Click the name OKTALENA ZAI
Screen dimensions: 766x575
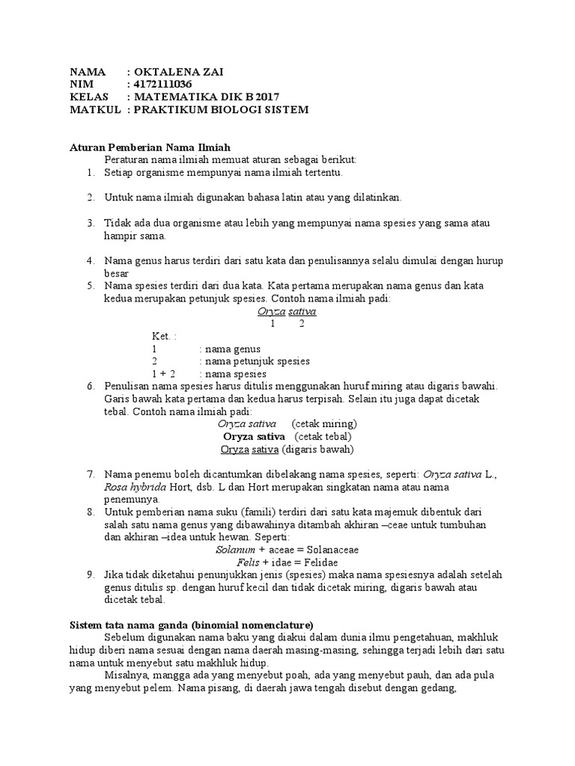pyautogui.click(x=179, y=72)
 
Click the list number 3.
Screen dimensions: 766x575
pyautogui.click(x=90, y=224)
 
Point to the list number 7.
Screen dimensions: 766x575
pyautogui.click(x=90, y=474)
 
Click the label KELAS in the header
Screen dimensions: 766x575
pyautogui.click(x=89, y=97)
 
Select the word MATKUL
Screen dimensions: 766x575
pyautogui.click(x=95, y=110)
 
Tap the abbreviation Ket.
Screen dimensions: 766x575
pyautogui.click(x=161, y=337)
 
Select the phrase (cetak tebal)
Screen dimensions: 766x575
pyautogui.click(x=323, y=436)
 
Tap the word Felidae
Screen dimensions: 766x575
pyautogui.click(x=318, y=562)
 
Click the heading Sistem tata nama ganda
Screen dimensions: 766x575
pyautogui.click(x=191, y=625)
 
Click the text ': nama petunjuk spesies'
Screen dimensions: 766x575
pyautogui.click(x=254, y=361)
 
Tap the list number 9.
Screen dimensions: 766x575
pyautogui.click(x=90, y=574)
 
